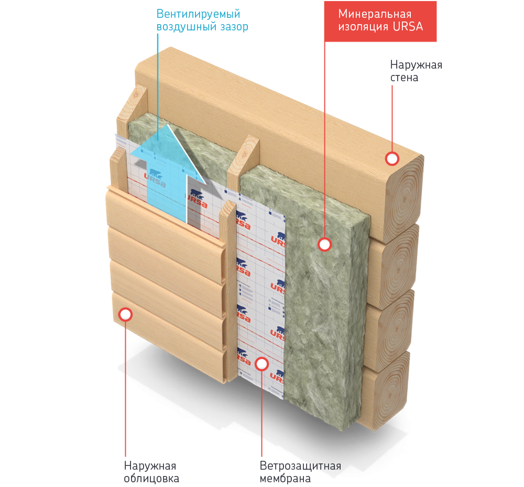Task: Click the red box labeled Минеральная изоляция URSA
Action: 380,20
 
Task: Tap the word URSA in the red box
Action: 408,27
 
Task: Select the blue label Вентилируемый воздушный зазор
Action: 202,20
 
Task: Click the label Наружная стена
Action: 416,71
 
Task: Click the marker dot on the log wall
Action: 392,158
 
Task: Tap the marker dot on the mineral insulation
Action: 325,244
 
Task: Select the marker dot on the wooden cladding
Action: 125,314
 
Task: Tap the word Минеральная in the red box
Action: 375,14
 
